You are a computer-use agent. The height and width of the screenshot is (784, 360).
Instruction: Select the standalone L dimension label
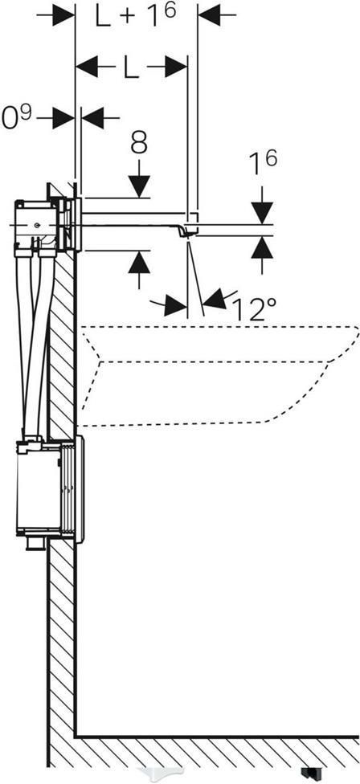coord(132,67)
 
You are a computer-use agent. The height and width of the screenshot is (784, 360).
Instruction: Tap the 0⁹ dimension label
coord(17,117)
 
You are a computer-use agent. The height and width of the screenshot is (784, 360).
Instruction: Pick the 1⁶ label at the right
coord(263,164)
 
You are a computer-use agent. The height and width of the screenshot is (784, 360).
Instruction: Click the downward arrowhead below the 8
coord(139,186)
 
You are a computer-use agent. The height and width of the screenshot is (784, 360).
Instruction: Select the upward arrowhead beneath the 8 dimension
coord(139,262)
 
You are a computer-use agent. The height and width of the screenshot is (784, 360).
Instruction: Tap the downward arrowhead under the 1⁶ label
coord(262,212)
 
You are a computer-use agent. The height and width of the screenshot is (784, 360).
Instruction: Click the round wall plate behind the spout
coord(77,223)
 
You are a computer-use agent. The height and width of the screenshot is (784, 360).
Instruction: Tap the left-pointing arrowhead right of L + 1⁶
coord(210,15)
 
